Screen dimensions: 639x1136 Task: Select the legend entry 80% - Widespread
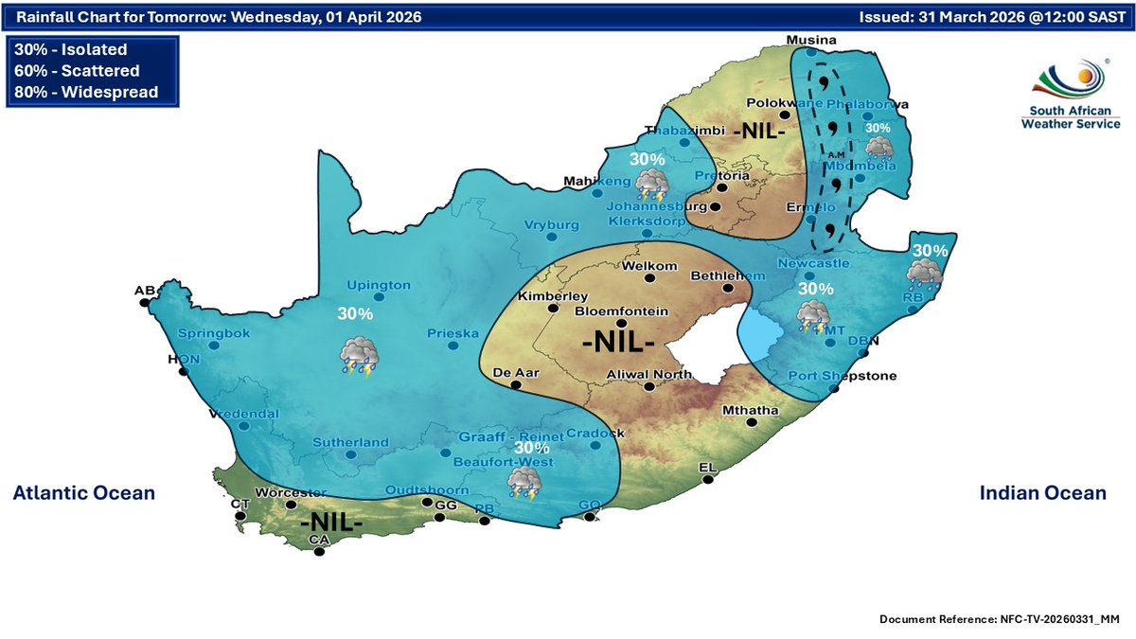tap(85, 92)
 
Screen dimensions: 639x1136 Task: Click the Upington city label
tap(379, 285)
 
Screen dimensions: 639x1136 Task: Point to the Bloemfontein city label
tap(622, 311)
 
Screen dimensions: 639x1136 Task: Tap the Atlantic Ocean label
tap(83, 492)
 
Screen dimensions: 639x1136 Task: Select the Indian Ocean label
tap(1041, 492)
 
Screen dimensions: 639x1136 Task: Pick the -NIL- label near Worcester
tap(331, 522)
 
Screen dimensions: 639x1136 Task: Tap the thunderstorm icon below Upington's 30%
tap(361, 355)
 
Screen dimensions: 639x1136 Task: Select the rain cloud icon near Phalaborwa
tap(879, 148)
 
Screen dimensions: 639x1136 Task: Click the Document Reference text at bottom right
tap(1000, 618)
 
